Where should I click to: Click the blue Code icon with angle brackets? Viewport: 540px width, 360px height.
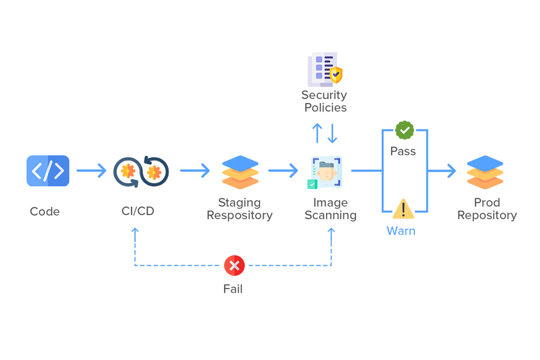click(x=48, y=171)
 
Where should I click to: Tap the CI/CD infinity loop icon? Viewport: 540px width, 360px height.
click(x=141, y=172)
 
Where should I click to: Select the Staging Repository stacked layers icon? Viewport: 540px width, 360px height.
click(x=240, y=172)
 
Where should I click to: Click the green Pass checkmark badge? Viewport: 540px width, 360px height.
click(x=405, y=130)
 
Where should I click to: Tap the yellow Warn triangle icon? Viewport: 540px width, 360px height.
click(x=404, y=209)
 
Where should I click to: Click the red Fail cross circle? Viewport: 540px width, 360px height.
click(x=234, y=266)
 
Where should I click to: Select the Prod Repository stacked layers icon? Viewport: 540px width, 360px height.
click(x=485, y=172)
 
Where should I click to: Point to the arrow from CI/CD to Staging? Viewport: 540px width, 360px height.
click(x=195, y=171)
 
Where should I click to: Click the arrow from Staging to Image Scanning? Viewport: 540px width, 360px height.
click(x=283, y=171)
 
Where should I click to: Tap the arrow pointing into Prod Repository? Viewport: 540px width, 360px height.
click(x=443, y=171)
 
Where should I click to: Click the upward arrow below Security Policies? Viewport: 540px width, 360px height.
click(x=317, y=133)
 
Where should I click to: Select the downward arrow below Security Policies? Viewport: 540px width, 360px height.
click(x=333, y=133)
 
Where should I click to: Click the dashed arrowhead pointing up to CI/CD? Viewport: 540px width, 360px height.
click(x=135, y=230)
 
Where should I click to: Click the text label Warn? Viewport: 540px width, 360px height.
click(x=401, y=231)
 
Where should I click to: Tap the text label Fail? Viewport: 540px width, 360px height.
click(x=233, y=289)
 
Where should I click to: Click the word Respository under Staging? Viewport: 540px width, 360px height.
click(x=239, y=216)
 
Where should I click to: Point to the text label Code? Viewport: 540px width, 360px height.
click(x=45, y=212)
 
